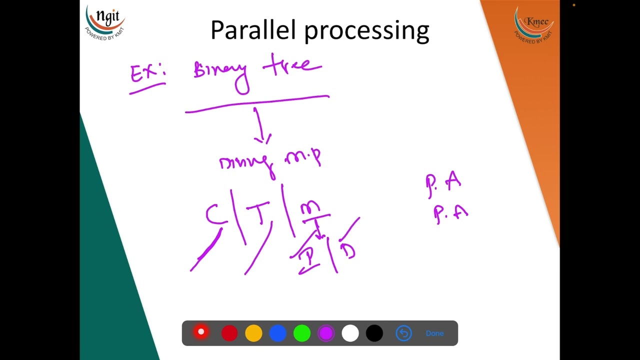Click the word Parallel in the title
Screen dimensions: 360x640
click(254, 30)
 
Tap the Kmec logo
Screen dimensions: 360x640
click(533, 24)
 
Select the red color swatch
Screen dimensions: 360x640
click(229, 333)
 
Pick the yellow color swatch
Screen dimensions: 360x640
click(253, 333)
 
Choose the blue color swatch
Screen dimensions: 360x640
click(277, 333)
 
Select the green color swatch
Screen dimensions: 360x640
click(301, 333)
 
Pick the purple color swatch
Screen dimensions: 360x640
click(326, 333)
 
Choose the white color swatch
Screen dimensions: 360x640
click(350, 333)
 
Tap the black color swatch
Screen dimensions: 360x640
click(374, 333)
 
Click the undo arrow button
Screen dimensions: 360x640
click(403, 333)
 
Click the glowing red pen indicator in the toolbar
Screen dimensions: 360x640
click(201, 332)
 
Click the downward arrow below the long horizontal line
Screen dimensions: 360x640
click(260, 127)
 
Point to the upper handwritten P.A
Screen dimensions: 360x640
click(443, 182)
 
